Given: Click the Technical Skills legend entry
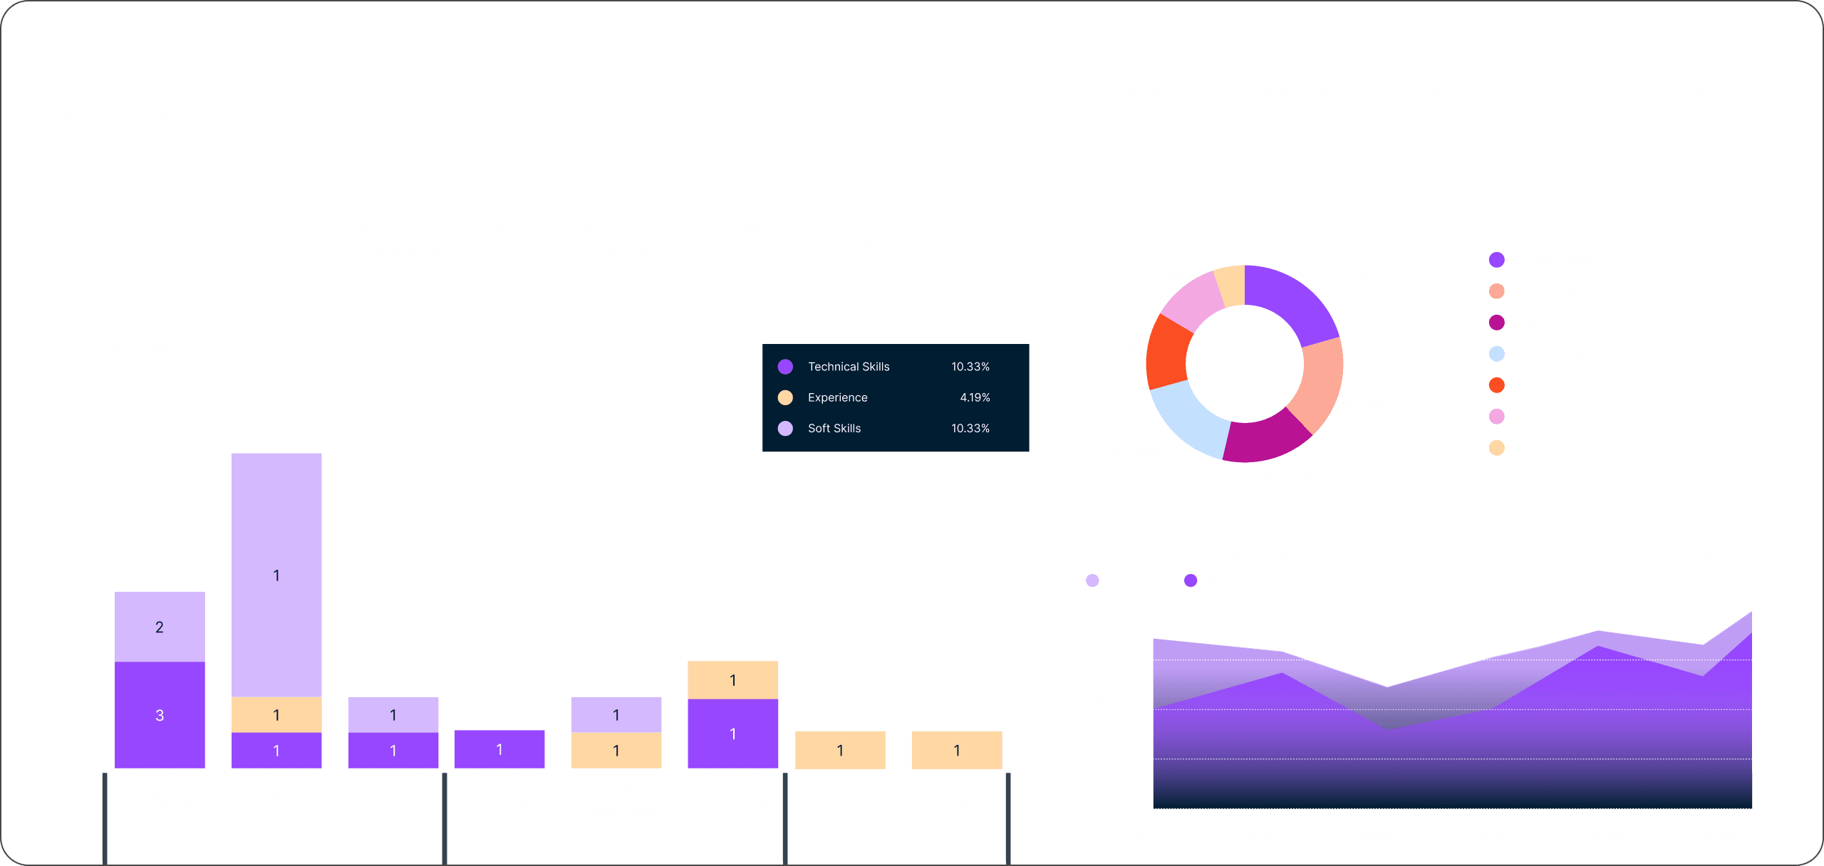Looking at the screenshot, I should pyautogui.click(x=848, y=367).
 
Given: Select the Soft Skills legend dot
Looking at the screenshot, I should pyautogui.click(x=785, y=428).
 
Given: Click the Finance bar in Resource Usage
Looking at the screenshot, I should pyautogui.click(x=499, y=749).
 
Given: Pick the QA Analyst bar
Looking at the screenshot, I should pyautogui.click(x=956, y=750).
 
